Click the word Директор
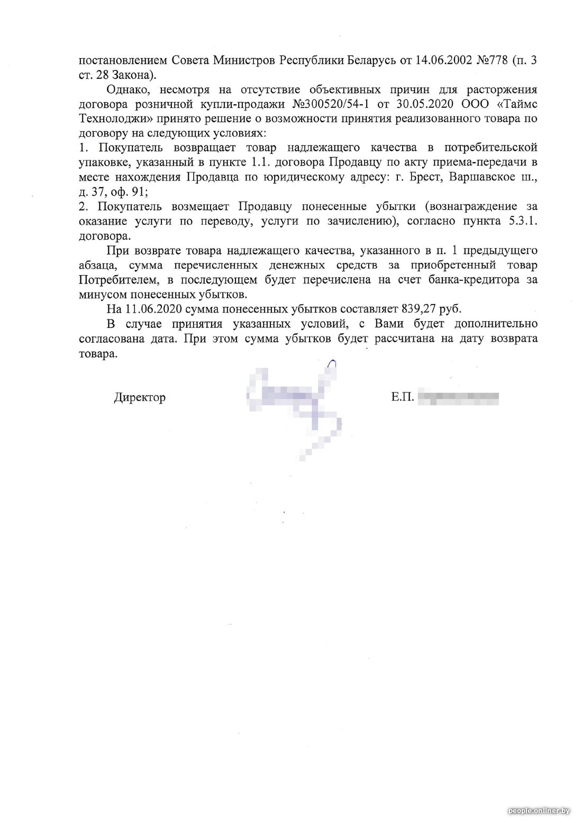[x=139, y=397]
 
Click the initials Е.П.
[x=403, y=397]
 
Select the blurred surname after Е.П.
[x=458, y=397]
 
